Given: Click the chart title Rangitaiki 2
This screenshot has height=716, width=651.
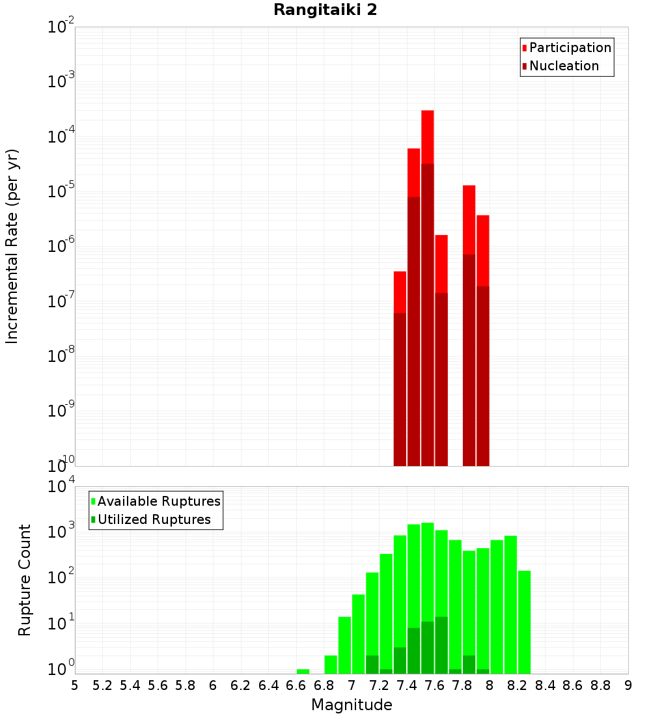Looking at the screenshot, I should pyautogui.click(x=325, y=10).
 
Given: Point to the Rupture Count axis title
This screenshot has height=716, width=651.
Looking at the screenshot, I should pyautogui.click(x=25, y=579).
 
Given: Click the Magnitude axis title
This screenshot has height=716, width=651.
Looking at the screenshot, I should pyautogui.click(x=352, y=705).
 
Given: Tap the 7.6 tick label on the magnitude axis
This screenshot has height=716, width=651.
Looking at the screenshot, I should pyautogui.click(x=434, y=685).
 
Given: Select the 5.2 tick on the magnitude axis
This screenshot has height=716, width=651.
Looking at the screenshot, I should pyautogui.click(x=102, y=685).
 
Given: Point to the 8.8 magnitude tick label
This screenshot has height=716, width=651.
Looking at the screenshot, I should pyautogui.click(x=600, y=685).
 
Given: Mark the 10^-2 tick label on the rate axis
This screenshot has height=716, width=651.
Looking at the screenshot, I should pyautogui.click(x=61, y=28).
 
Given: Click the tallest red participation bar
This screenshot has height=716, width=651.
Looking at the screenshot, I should pyautogui.click(x=428, y=137).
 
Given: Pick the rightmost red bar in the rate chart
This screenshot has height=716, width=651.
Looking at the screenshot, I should pyautogui.click(x=483, y=250).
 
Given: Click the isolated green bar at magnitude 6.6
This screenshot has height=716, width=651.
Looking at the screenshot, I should pyautogui.click(x=303, y=671).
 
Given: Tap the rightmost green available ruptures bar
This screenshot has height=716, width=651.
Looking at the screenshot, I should pyautogui.click(x=524, y=622).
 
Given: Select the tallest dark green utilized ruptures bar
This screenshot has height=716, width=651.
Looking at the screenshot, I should pyautogui.click(x=441, y=644).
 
